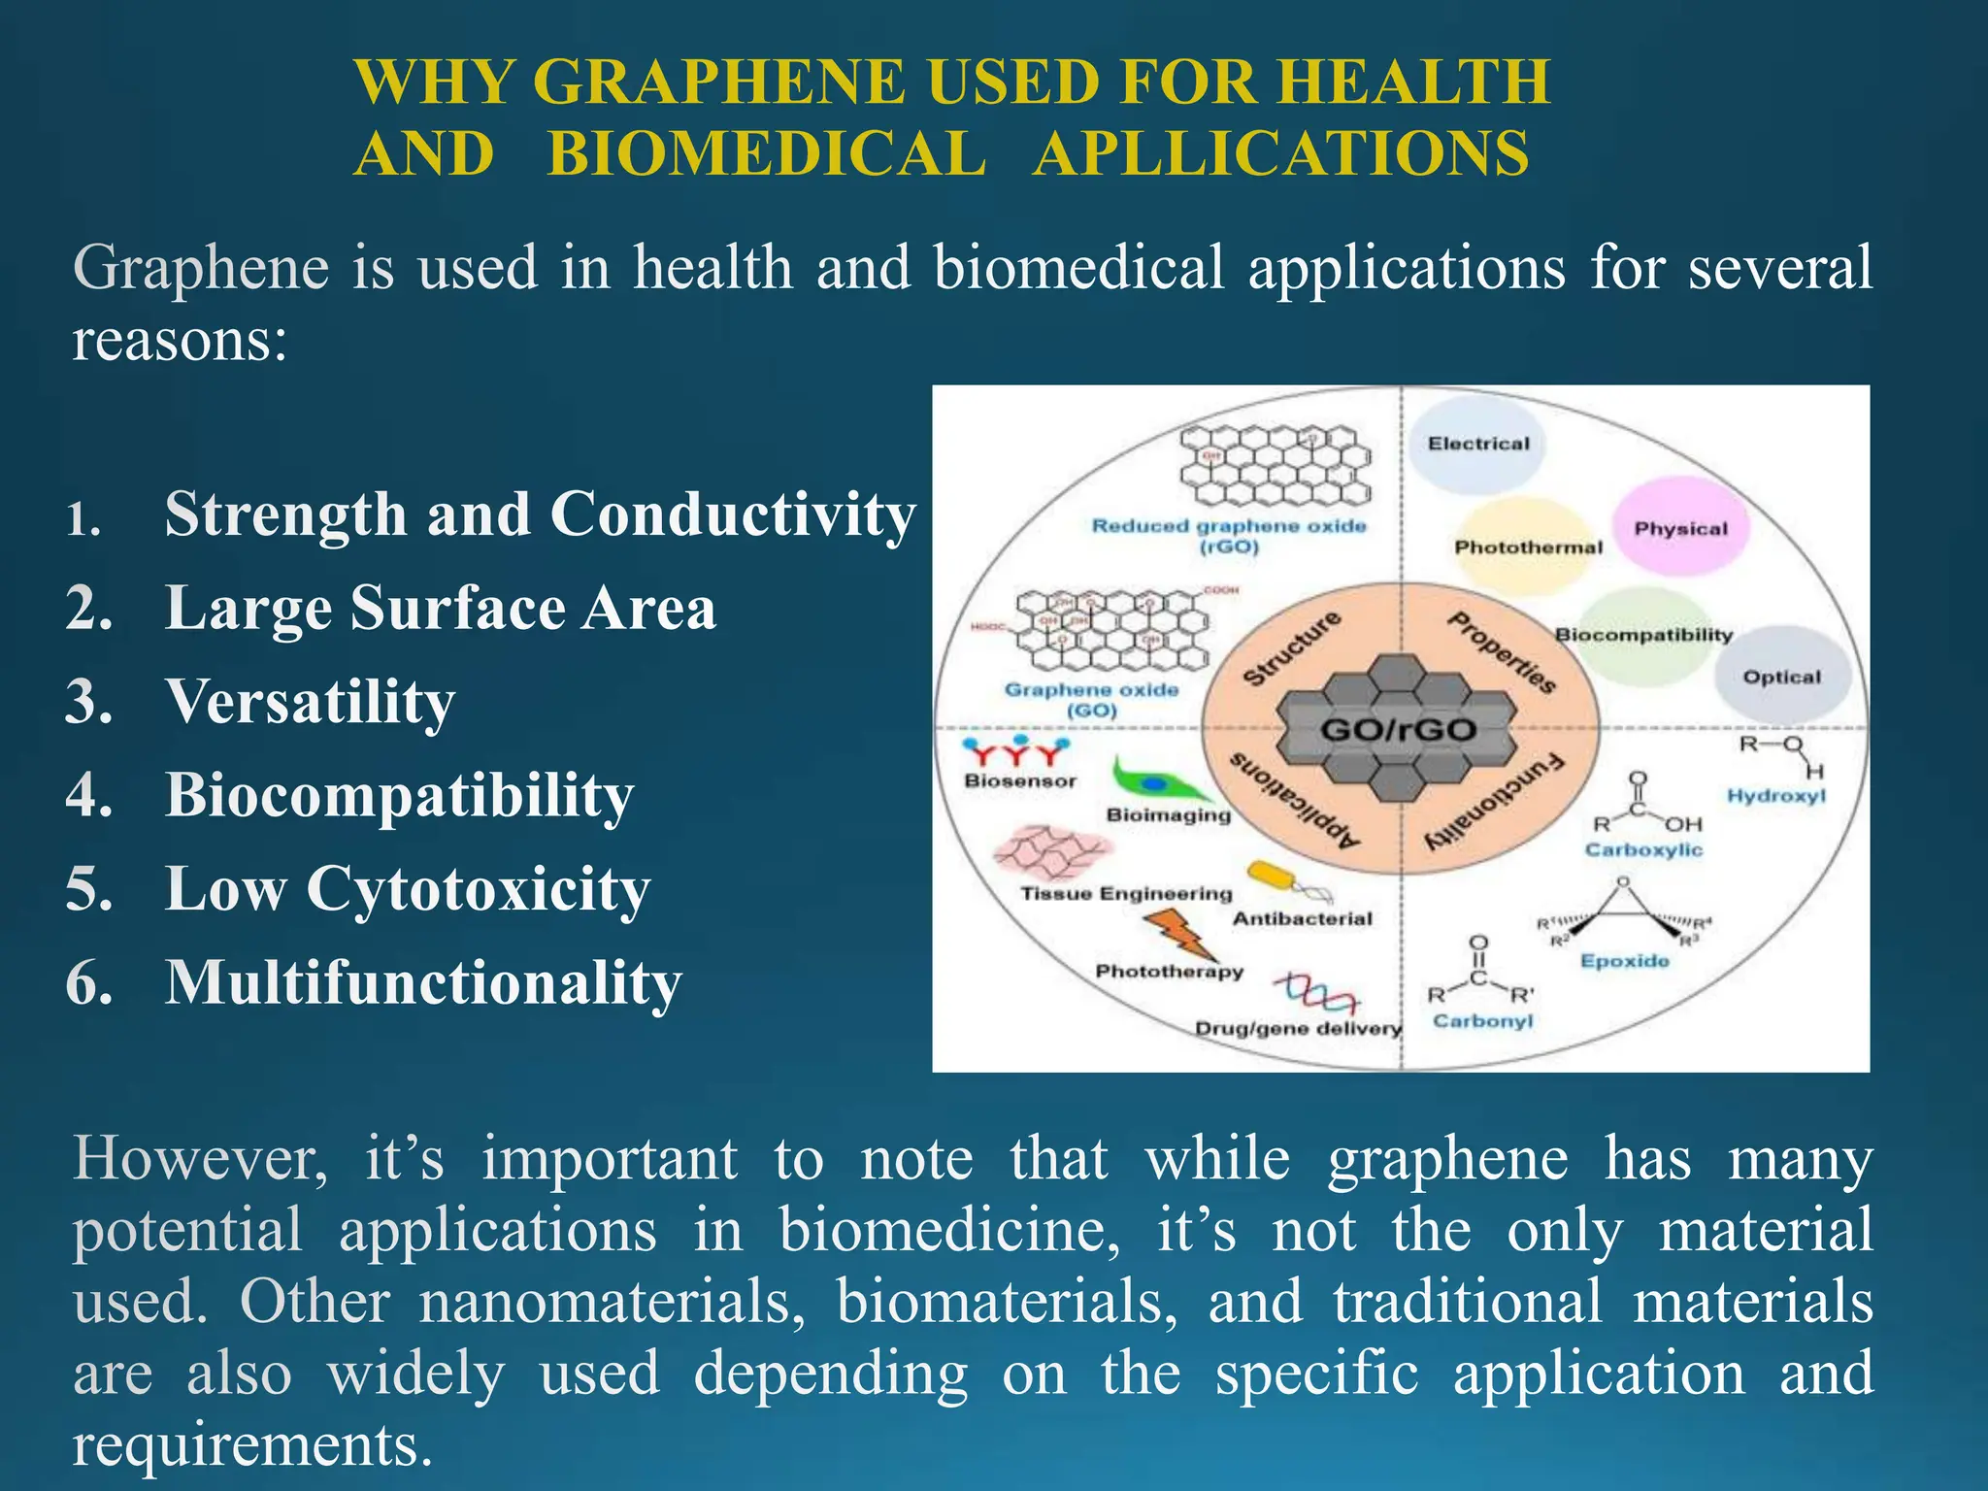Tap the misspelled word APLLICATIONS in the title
click(1280, 154)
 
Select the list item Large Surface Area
click(440, 609)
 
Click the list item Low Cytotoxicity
click(407, 889)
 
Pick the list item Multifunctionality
click(423, 983)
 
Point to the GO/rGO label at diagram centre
click(1398, 730)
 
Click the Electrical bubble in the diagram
click(1477, 445)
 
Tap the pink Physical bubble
click(1680, 529)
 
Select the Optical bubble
click(1781, 677)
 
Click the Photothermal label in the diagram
click(1528, 547)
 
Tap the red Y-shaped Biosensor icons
click(1014, 752)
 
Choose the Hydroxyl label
click(1775, 796)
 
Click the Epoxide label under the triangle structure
click(1624, 961)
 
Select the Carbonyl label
click(1482, 1021)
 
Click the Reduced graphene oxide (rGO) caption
click(1229, 536)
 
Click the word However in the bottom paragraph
click(200, 1159)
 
